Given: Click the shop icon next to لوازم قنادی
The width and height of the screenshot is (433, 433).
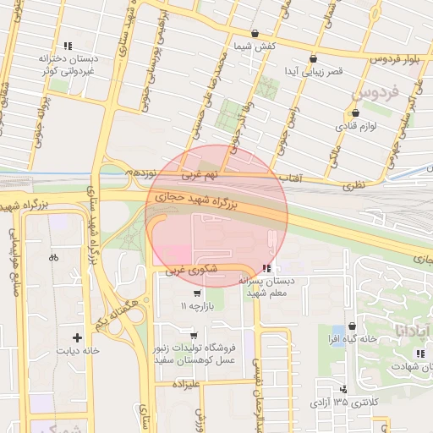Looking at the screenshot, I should click(x=354, y=112).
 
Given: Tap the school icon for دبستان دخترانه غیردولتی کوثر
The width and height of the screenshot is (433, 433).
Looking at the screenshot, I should click(x=68, y=46).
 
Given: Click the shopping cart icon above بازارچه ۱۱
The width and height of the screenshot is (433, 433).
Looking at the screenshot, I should click(x=197, y=293).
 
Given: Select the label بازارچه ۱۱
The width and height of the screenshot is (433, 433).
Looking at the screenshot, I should click(x=196, y=304).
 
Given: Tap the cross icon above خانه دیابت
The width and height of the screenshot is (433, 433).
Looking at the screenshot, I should click(x=78, y=337).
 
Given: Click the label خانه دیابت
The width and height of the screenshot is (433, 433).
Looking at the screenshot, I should click(x=78, y=350).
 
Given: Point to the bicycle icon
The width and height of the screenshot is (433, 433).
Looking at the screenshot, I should click(x=54, y=257).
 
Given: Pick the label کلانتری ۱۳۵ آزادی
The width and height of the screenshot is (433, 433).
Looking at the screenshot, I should click(x=343, y=402).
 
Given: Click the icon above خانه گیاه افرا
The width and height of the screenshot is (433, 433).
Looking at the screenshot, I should click(x=352, y=326).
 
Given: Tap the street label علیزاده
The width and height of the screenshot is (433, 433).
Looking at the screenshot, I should click(x=184, y=384).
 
